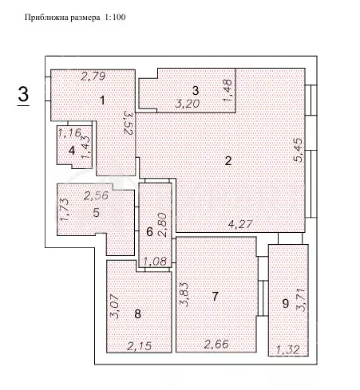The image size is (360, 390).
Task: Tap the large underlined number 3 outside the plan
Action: point(24,93)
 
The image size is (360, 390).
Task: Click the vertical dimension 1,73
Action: point(64,210)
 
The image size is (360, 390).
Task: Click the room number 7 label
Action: point(215,297)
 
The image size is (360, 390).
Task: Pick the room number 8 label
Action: point(137,313)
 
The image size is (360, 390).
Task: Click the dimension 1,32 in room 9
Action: point(288,349)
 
